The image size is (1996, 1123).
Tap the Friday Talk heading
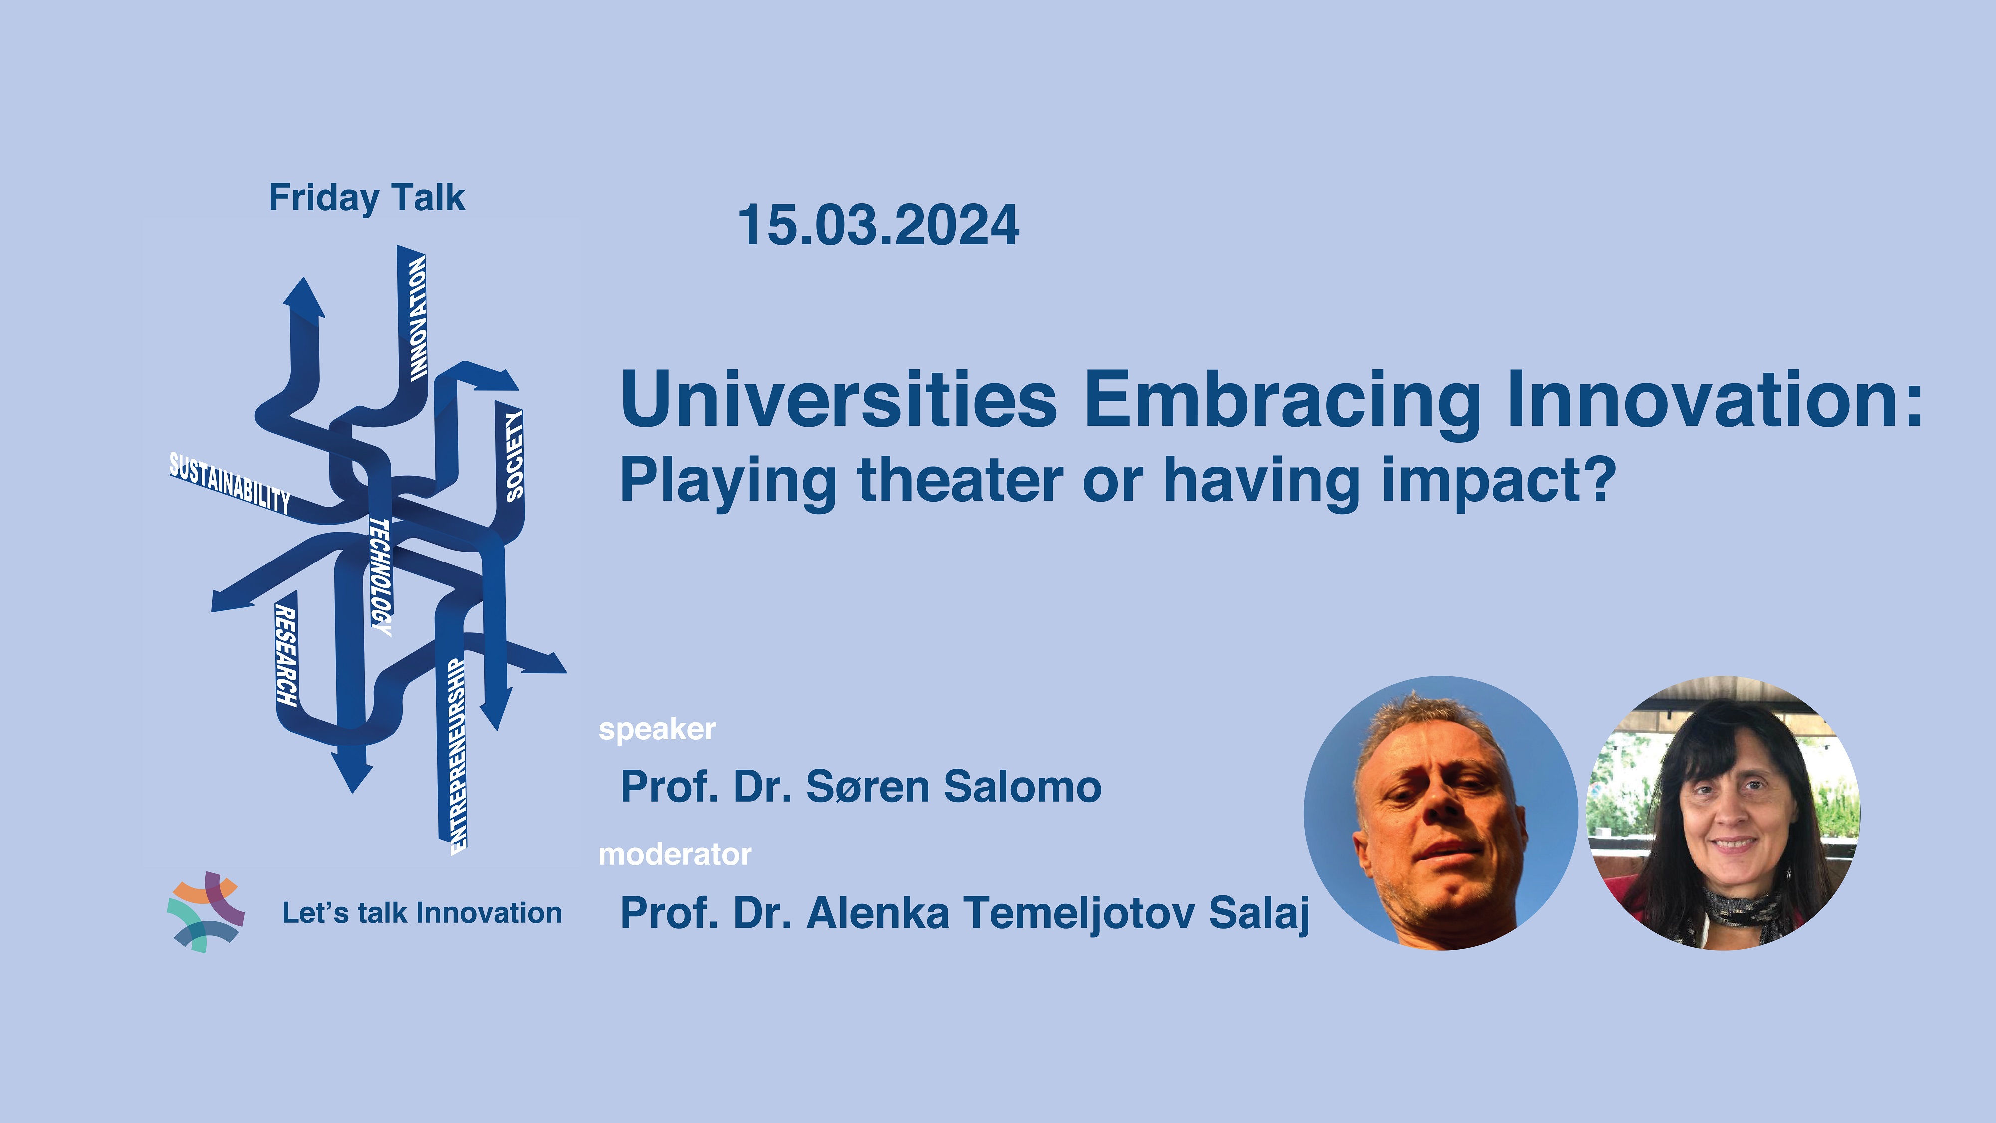[366, 198]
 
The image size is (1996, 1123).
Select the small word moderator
[675, 855]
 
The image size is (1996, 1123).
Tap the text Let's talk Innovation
[422, 913]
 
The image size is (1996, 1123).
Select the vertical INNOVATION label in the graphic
[418, 318]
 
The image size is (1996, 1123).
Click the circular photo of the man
[1441, 813]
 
